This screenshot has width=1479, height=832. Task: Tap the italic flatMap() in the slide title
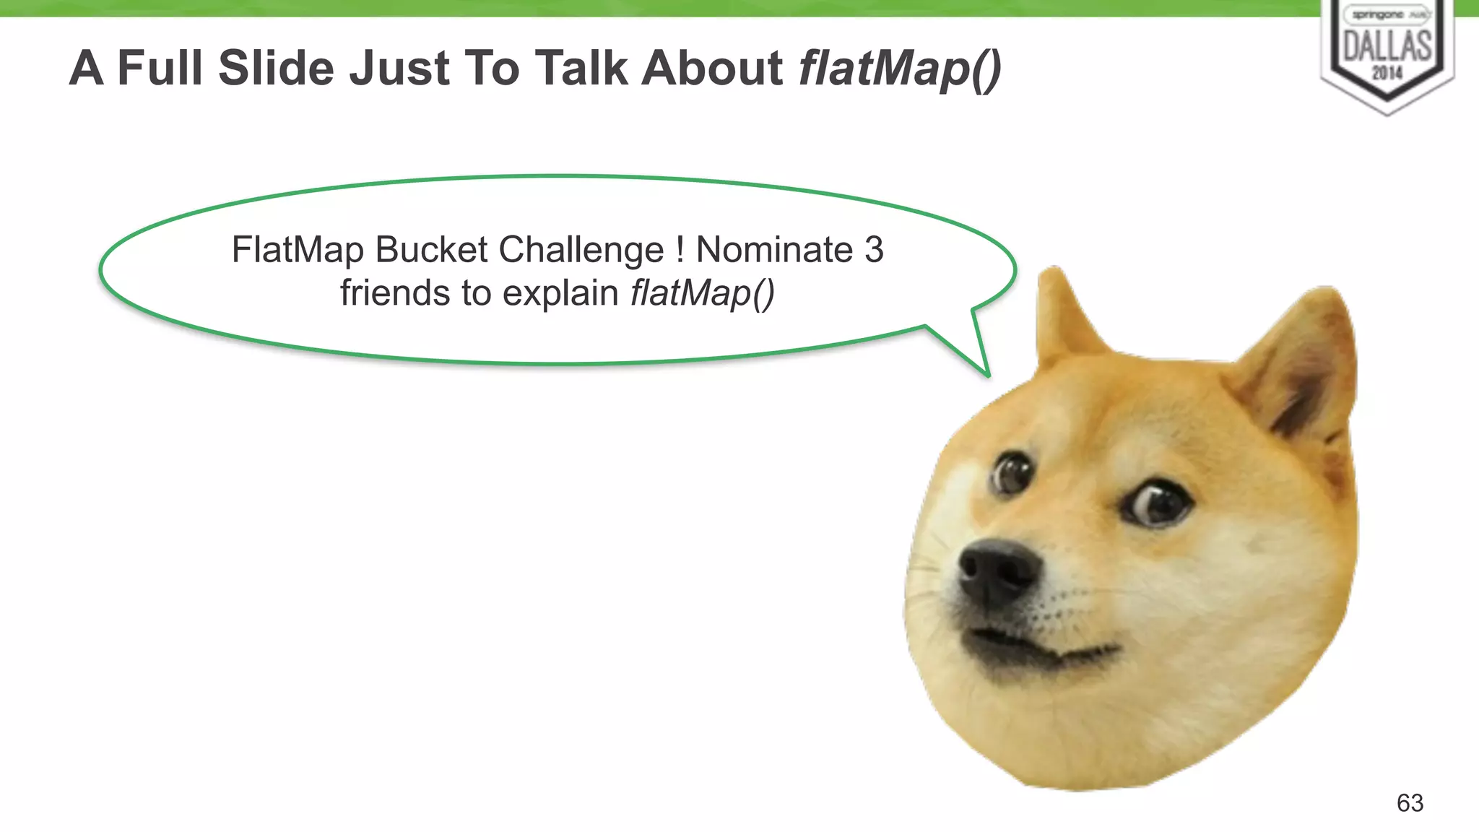(x=900, y=69)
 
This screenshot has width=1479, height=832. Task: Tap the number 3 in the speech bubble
(x=874, y=250)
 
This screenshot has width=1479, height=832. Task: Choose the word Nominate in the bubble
(x=774, y=250)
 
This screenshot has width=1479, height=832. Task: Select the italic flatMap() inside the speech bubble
(x=702, y=294)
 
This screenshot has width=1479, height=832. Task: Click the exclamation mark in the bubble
(x=680, y=250)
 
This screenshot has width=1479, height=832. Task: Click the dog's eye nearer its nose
(x=1012, y=473)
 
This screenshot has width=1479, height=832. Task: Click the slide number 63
(x=1410, y=802)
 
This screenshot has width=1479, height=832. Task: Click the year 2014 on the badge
(x=1387, y=73)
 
